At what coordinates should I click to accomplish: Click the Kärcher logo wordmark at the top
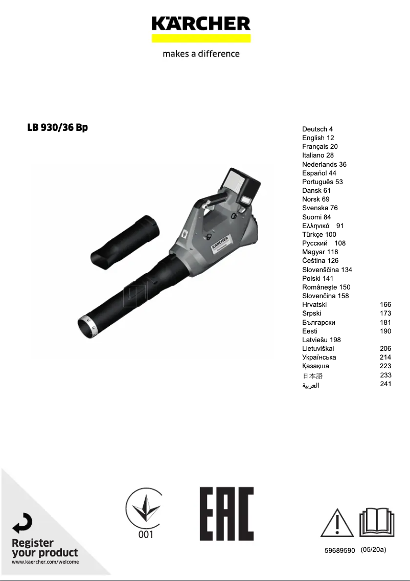tap(201, 24)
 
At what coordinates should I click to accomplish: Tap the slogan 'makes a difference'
tap(201, 54)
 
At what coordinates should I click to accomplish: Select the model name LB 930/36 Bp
tap(57, 128)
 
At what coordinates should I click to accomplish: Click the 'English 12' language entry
tap(318, 138)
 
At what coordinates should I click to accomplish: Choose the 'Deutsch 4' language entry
tap(317, 129)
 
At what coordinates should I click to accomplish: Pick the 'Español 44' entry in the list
tap(319, 173)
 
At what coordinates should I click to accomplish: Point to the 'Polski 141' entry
tap(317, 278)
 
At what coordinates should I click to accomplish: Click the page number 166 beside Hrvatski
tap(385, 304)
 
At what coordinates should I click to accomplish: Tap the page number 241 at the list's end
tap(385, 384)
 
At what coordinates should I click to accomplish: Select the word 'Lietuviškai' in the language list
tap(318, 348)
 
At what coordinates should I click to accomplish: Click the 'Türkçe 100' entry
tap(319, 234)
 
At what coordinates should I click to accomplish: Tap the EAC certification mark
tap(226, 513)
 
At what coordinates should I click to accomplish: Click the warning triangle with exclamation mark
tap(337, 522)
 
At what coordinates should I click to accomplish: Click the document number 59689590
tap(339, 550)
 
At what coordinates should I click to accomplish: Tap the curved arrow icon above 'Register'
tap(22, 523)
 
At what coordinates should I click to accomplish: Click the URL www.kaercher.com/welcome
tap(45, 562)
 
